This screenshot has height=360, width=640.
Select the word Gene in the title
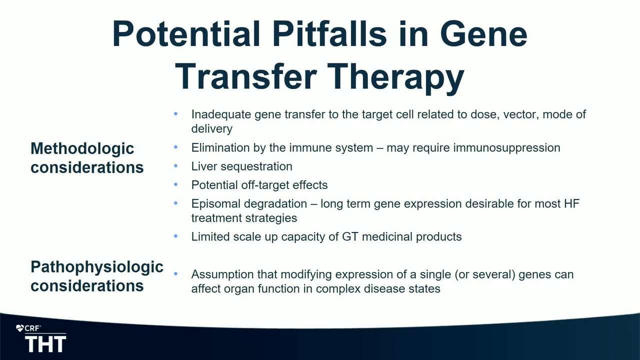click(x=483, y=34)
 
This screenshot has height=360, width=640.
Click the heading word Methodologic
click(x=82, y=148)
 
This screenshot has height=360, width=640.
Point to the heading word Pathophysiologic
click(x=97, y=267)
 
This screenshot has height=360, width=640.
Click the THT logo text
click(x=45, y=344)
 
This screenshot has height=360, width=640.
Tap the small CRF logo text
click(x=32, y=328)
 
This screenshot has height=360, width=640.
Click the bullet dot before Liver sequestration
click(x=175, y=165)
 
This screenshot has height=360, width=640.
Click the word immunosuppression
click(x=506, y=148)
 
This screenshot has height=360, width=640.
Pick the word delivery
click(x=211, y=128)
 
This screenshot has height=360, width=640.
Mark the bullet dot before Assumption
click(x=175, y=273)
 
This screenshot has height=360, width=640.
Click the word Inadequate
click(x=221, y=114)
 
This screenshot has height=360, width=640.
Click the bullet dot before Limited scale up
click(x=175, y=236)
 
